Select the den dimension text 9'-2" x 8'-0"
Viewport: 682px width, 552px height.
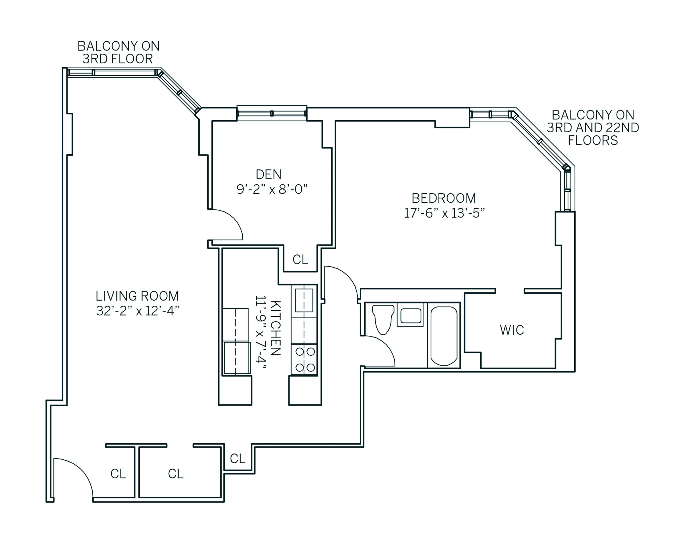pyautogui.click(x=272, y=190)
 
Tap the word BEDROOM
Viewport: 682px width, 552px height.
pyautogui.click(x=444, y=198)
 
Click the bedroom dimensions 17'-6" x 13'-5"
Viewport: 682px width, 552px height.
pyautogui.click(x=444, y=213)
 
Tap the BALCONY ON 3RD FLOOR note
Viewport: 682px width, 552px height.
pyautogui.click(x=118, y=52)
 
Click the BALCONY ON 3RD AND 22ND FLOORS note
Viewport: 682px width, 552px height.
pyautogui.click(x=593, y=128)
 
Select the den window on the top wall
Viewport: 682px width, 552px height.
pyautogui.click(x=272, y=113)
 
